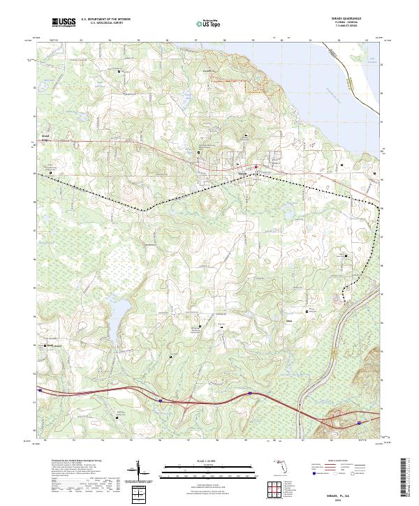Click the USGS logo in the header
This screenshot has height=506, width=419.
pos(64,23)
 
